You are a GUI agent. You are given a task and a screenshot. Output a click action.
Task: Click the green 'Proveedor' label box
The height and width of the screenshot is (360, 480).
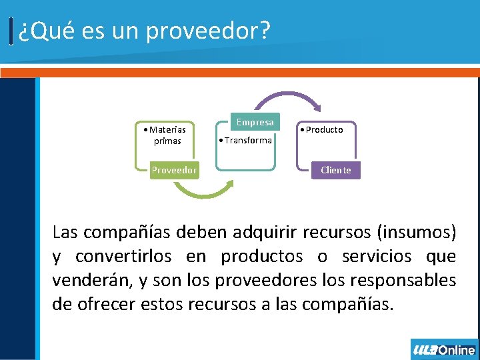point(174,170)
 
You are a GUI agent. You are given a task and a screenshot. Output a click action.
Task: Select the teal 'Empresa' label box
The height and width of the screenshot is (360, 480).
point(255,122)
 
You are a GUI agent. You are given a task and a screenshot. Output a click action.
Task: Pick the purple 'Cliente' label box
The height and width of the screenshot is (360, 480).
point(335,170)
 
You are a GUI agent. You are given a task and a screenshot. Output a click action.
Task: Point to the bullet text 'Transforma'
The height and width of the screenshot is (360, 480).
point(247,140)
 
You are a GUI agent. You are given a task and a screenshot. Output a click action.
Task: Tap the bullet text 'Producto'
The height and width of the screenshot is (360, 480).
point(324,129)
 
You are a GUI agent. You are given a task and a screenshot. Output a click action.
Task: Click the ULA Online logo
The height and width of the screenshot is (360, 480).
point(443,349)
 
